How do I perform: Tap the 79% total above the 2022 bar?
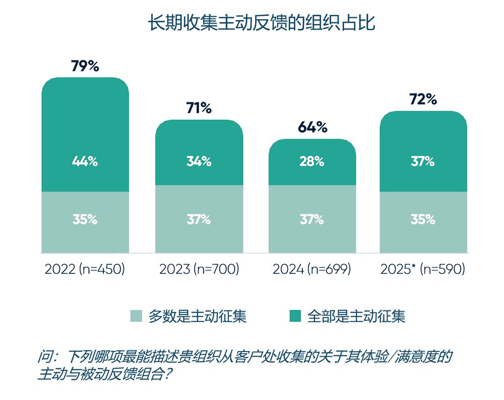click(x=85, y=66)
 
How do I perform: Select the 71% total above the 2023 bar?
click(x=199, y=108)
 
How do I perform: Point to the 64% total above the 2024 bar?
click(x=312, y=127)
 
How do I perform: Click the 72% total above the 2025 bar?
click(x=423, y=99)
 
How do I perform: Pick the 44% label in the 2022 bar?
click(x=85, y=162)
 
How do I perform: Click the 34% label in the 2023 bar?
click(x=199, y=162)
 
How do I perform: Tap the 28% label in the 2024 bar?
click(x=312, y=162)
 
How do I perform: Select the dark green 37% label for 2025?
click(x=423, y=162)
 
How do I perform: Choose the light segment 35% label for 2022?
click(x=85, y=219)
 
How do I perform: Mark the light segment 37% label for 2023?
click(x=199, y=219)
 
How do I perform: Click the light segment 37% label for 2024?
click(x=312, y=219)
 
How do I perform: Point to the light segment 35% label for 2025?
click(x=423, y=219)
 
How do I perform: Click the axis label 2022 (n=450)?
click(x=85, y=270)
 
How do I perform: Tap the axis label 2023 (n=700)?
click(x=199, y=270)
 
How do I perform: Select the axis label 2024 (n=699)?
click(x=312, y=270)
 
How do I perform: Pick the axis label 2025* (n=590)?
click(x=422, y=270)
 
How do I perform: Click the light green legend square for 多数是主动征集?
click(x=137, y=316)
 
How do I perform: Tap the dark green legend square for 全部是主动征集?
click(x=295, y=316)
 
